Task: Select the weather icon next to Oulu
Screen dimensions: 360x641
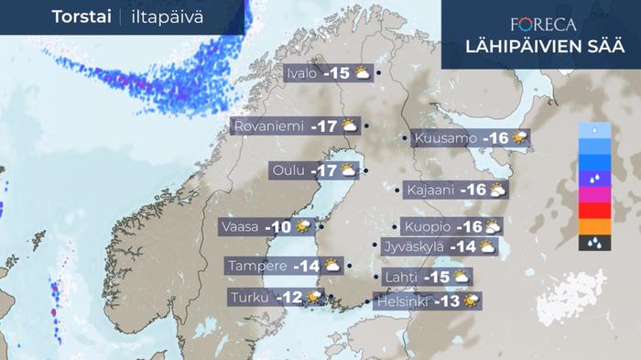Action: coord(350,169)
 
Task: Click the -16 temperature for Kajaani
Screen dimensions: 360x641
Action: coord(474,190)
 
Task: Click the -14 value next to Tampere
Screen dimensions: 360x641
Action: coord(305,266)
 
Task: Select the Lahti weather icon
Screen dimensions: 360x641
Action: coord(462,277)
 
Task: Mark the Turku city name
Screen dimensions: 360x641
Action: coord(250,297)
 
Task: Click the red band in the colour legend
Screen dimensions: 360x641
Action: coord(594,212)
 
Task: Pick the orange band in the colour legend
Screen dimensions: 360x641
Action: coord(594,227)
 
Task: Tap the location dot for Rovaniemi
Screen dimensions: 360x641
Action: coord(366,126)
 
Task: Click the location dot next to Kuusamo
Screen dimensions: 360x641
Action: coord(405,139)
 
